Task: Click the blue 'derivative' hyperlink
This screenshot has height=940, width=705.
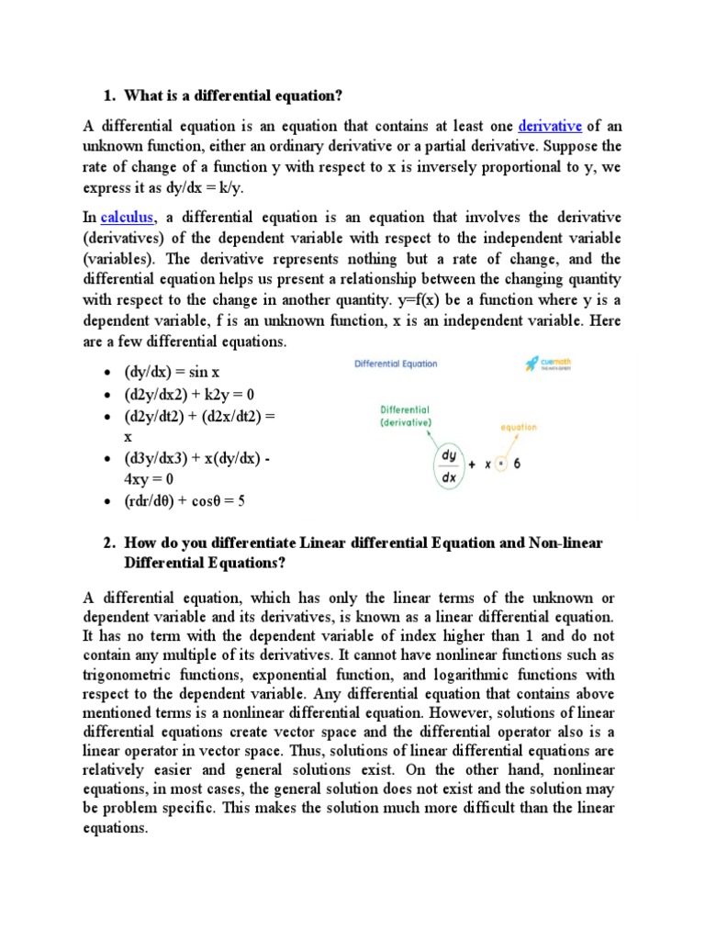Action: (x=550, y=126)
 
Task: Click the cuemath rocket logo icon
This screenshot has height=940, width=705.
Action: (x=532, y=364)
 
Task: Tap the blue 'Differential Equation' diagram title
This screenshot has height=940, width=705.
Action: (x=396, y=364)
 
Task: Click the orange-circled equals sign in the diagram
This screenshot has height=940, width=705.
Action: (x=500, y=464)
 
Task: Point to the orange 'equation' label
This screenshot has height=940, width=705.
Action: (x=519, y=427)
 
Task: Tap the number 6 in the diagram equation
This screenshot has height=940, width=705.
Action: (x=518, y=464)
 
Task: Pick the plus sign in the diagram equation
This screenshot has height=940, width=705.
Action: (x=472, y=464)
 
